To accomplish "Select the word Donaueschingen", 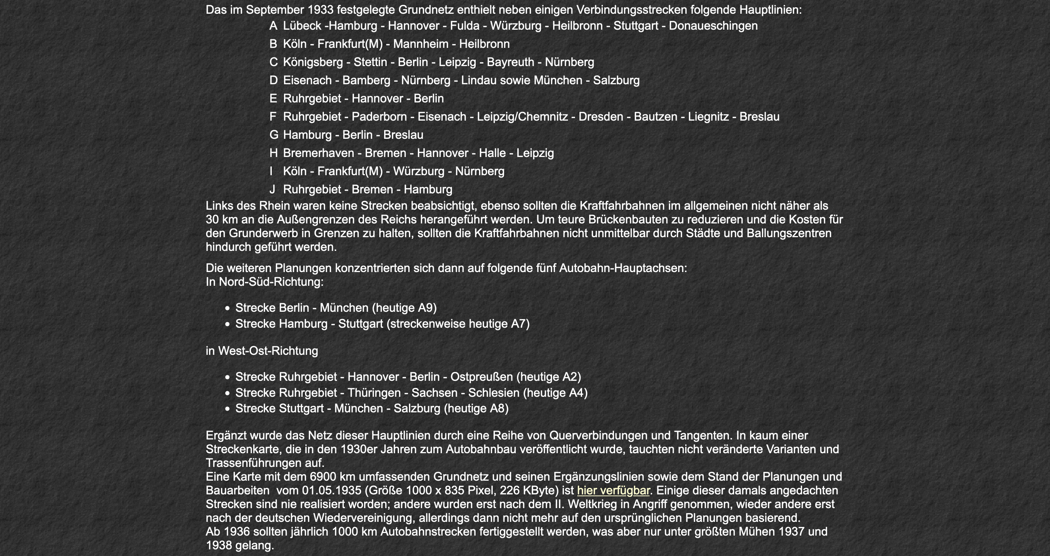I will (713, 26).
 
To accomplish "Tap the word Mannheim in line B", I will (420, 44).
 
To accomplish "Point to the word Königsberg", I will (313, 62).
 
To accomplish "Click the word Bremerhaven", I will (318, 153).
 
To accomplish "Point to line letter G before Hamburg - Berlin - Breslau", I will (274, 135).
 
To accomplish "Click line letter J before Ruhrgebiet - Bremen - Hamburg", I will (272, 189).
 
